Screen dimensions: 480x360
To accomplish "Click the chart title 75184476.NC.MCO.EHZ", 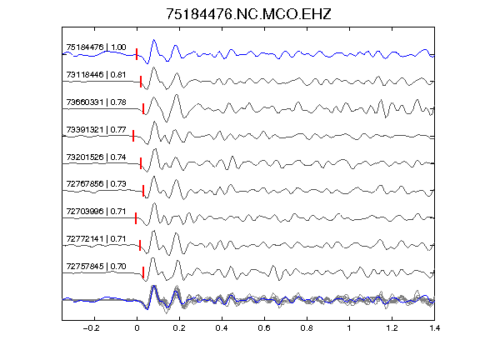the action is (248, 14).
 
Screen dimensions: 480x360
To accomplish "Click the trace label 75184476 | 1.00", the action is (96, 47).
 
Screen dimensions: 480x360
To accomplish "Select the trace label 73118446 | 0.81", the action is (96, 75).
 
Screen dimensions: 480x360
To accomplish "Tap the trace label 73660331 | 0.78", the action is (96, 102).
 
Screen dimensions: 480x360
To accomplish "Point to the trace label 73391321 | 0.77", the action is (96, 129).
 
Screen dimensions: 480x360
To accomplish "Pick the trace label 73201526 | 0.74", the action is (96, 157).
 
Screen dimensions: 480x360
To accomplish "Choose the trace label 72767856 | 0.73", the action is (96, 183).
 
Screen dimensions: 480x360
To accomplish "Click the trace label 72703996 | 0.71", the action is (96, 211).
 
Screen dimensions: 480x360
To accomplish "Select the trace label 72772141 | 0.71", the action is (96, 239).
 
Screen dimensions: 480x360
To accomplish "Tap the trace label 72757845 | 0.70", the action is (96, 267).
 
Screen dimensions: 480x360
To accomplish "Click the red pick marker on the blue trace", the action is (137, 54).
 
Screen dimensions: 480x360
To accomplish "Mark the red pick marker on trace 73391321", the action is (133, 136).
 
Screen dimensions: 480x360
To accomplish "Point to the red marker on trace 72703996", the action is (136, 218).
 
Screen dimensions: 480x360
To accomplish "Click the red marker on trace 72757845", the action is (143, 272).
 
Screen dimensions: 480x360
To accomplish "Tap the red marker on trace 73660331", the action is (143, 108).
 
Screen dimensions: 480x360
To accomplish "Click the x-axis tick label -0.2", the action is (92, 328).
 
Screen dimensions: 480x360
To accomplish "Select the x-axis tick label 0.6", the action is (264, 328).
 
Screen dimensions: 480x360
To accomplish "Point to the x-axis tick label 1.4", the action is (435, 328).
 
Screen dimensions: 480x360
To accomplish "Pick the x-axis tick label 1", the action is (349, 328).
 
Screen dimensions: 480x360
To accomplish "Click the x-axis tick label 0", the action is (137, 328).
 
